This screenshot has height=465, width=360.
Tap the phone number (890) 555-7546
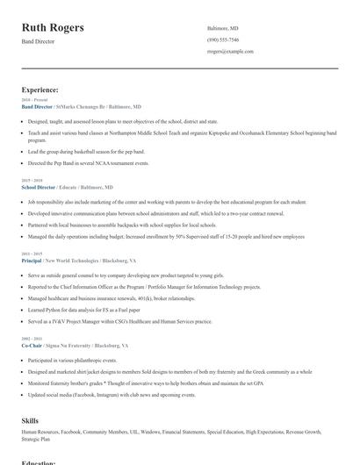pos(223,39)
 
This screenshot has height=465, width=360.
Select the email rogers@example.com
pos(230,51)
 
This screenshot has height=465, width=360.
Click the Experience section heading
pos(40,89)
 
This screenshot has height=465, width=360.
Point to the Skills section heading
pos(30,420)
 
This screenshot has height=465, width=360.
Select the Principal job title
pos(32,261)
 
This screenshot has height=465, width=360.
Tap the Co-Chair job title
pos(32,346)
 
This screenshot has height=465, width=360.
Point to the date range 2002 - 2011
pos(31,339)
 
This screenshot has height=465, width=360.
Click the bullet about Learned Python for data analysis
pos(83,310)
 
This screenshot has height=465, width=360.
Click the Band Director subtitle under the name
pos(39,41)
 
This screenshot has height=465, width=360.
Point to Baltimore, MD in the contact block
pos(223,28)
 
